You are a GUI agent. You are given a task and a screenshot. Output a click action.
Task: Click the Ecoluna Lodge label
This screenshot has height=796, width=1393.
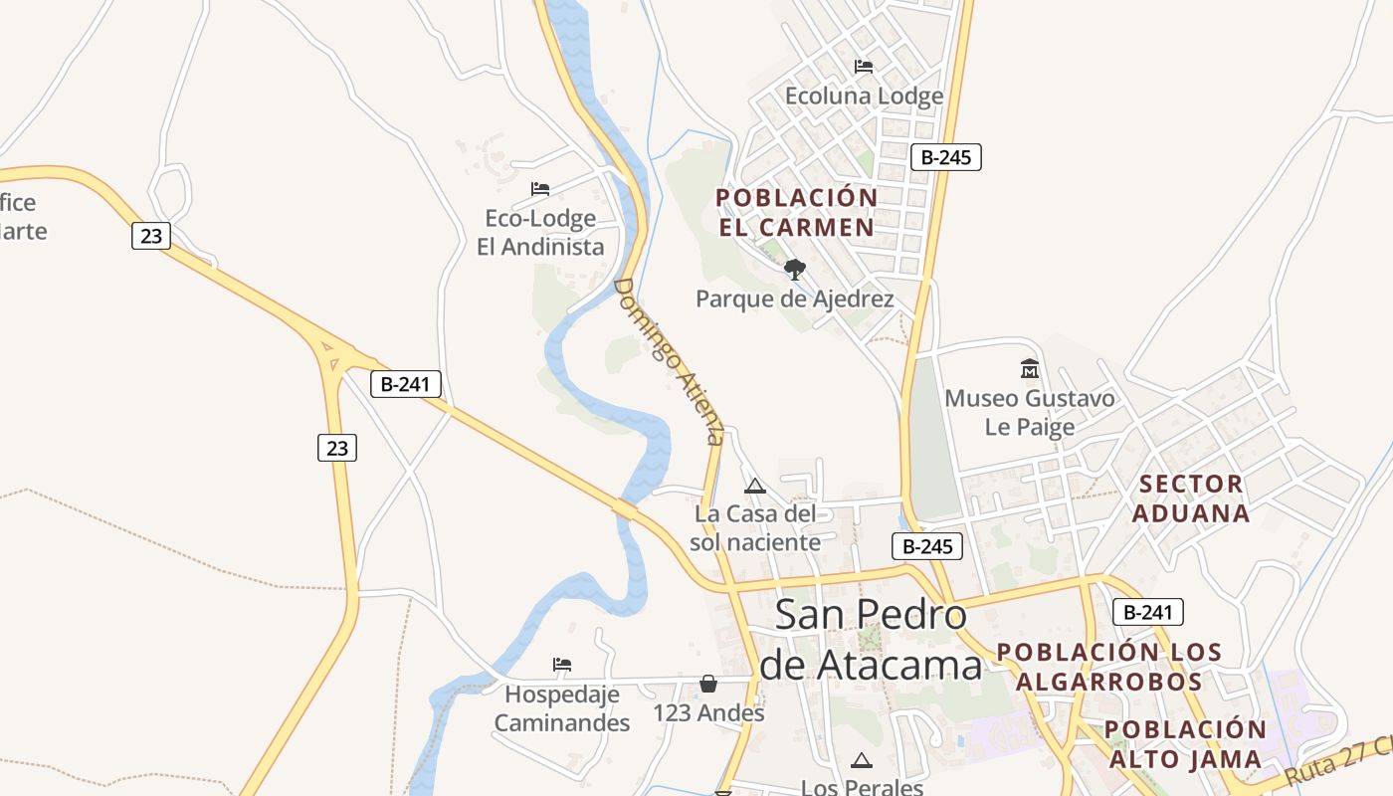click(864, 97)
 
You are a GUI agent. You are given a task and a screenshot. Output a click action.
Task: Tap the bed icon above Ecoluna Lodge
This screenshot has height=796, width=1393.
click(864, 67)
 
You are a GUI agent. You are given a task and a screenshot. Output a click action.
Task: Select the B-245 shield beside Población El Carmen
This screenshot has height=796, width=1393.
click(945, 157)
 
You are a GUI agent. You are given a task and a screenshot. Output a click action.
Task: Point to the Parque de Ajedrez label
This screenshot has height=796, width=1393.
click(794, 298)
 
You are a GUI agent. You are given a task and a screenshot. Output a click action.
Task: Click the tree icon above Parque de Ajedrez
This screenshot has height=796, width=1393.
click(794, 269)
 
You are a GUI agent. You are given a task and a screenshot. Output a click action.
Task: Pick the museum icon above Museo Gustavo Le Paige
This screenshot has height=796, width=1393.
click(1030, 369)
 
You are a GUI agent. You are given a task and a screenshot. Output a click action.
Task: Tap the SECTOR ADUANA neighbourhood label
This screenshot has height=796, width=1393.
click(1191, 498)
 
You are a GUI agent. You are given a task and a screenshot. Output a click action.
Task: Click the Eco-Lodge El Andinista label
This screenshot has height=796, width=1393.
click(540, 233)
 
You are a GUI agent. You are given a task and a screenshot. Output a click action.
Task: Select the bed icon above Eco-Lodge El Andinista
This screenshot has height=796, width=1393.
click(540, 188)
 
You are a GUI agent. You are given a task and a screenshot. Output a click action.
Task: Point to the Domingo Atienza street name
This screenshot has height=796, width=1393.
click(668, 360)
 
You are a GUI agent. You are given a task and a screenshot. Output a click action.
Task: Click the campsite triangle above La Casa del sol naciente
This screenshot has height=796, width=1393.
click(754, 487)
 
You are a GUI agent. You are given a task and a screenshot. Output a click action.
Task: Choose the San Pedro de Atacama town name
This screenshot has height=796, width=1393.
click(871, 639)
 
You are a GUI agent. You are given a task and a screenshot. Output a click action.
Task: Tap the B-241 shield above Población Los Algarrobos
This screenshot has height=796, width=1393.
click(1147, 612)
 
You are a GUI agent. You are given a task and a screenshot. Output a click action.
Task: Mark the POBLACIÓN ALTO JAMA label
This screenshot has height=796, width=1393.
click(1185, 744)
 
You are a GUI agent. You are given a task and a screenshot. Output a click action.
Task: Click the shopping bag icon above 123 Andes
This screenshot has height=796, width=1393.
click(708, 684)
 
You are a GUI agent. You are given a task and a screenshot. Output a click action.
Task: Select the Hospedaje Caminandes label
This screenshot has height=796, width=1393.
click(562, 708)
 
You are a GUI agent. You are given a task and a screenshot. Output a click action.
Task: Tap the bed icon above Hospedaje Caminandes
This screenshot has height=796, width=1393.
click(562, 664)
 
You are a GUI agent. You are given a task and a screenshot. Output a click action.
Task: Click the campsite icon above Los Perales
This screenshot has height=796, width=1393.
click(862, 761)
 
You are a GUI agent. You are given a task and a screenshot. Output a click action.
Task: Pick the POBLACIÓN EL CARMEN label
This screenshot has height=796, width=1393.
click(796, 212)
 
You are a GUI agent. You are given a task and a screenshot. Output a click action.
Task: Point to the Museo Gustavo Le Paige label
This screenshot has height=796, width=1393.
click(1030, 413)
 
